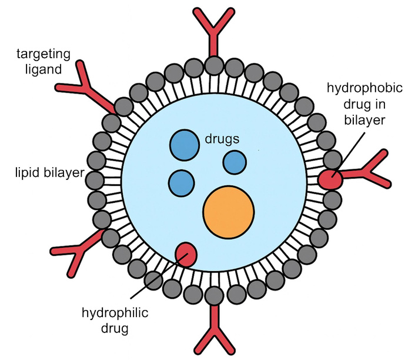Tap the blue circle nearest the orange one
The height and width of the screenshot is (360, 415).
click(x=235, y=162)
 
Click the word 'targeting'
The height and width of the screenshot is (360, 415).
click(x=43, y=54)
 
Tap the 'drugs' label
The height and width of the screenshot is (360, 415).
click(x=223, y=139)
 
